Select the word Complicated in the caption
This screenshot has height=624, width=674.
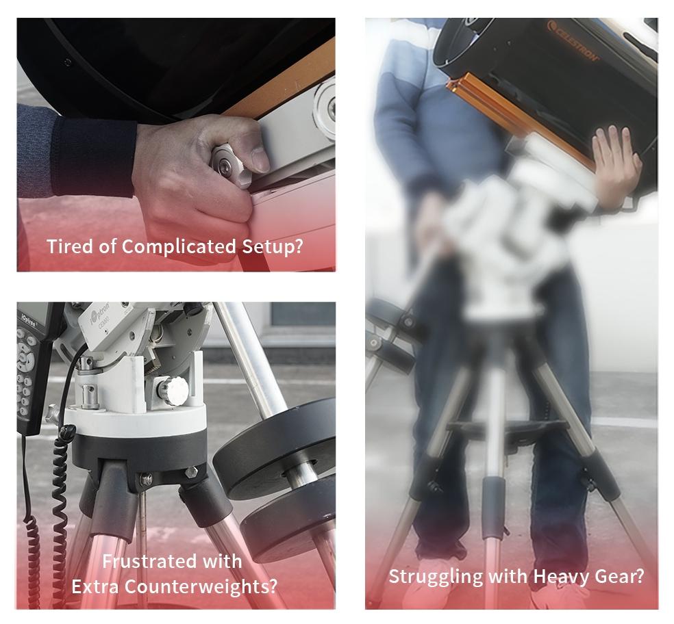coord(179,247)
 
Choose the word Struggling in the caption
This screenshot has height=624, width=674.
coord(436,577)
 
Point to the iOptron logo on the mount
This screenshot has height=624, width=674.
coord(100,316)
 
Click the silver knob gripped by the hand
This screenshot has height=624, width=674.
coord(225,166)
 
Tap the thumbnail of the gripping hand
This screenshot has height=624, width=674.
coord(259,159)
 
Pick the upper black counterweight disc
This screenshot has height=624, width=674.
coord(275,447)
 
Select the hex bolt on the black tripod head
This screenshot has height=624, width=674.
coord(190,471)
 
